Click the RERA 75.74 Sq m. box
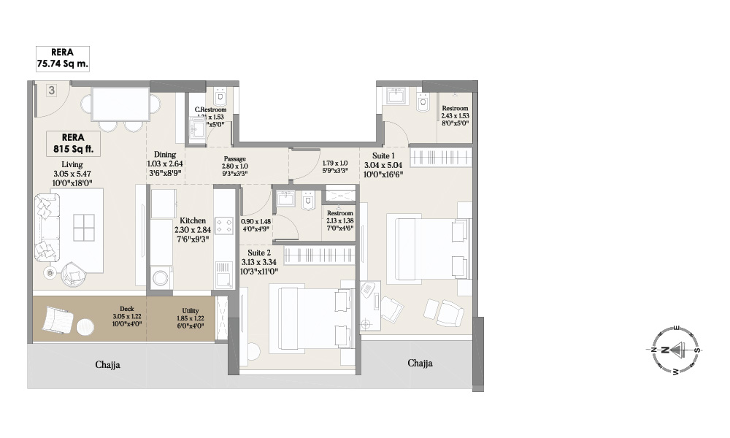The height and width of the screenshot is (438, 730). point(63,58)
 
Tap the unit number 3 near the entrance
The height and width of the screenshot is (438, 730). point(51,91)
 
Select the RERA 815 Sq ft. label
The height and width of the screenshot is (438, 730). point(73,142)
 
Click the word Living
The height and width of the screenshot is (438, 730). point(73,164)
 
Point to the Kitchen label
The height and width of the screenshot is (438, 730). point(193,220)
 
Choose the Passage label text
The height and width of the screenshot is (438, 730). point(234,158)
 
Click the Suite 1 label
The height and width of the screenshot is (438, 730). point(383,155)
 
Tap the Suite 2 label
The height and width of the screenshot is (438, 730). point(259,252)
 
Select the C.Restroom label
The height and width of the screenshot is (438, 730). point(210,109)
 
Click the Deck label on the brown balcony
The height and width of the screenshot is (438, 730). point(127,308)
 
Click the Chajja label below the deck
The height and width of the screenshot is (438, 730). point(107,364)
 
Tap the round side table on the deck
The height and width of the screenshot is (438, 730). point(85,325)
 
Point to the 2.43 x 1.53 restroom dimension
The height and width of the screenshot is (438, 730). point(454,115)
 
